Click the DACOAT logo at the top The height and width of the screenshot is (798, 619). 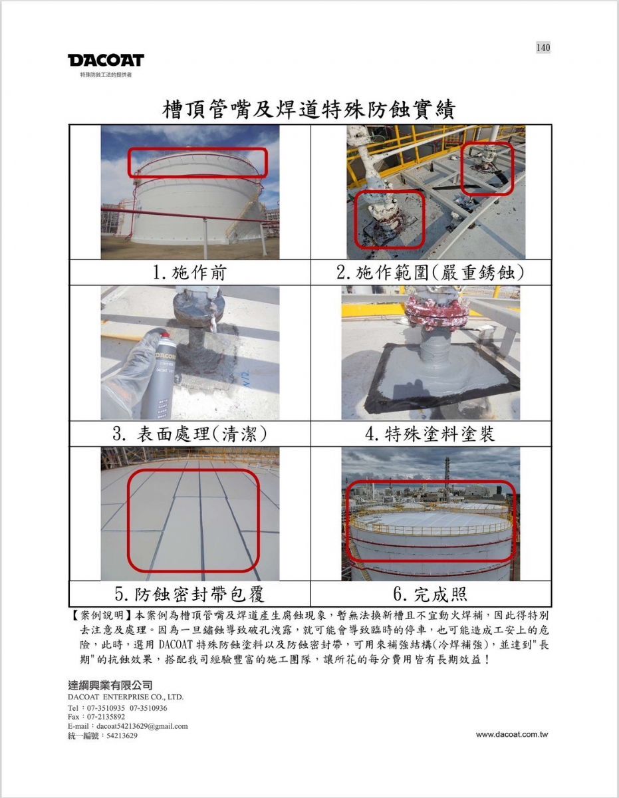click(x=106, y=61)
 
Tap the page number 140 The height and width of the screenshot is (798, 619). click(x=543, y=47)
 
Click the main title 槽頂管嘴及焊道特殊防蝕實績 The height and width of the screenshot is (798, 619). click(x=309, y=110)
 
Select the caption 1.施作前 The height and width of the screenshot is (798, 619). click(x=189, y=273)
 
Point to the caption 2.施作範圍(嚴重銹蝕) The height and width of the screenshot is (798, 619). click(x=431, y=273)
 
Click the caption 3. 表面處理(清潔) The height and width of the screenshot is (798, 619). click(x=189, y=434)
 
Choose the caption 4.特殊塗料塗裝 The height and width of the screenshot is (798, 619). click(x=430, y=434)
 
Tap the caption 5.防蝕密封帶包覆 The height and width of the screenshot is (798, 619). click(x=189, y=595)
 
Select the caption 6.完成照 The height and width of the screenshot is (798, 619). click(x=430, y=595)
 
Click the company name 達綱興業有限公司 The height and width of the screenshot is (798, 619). click(x=110, y=685)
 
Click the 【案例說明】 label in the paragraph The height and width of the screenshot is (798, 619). click(x=101, y=615)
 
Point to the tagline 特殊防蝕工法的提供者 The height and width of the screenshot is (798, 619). click(x=106, y=75)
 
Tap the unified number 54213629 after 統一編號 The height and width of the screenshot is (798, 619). click(x=122, y=736)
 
